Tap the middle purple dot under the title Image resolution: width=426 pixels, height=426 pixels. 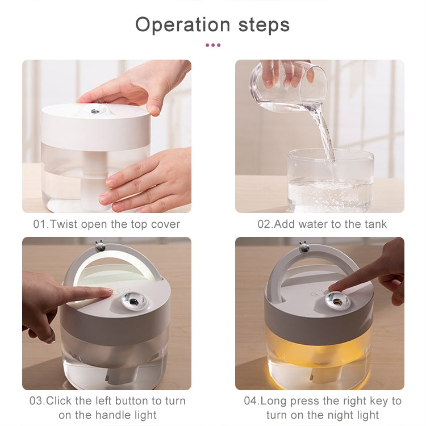point(213,44)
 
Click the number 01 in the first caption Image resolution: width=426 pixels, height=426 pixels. point(39,224)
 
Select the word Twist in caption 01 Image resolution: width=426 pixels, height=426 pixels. point(63,224)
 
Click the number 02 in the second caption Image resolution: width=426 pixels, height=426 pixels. point(264,224)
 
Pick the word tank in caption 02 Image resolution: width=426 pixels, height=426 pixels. point(375,224)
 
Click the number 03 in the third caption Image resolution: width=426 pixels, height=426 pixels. point(36,400)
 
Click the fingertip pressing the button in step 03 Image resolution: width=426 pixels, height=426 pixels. point(107,292)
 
